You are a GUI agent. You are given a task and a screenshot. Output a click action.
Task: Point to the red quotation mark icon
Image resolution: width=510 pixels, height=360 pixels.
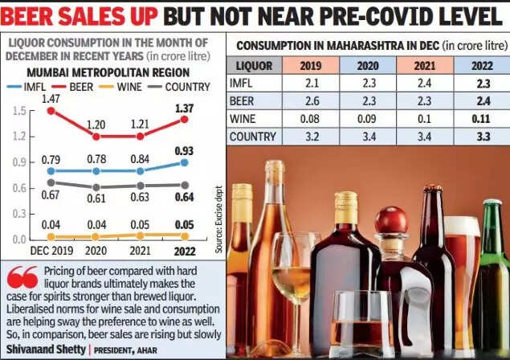pos(22,278)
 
